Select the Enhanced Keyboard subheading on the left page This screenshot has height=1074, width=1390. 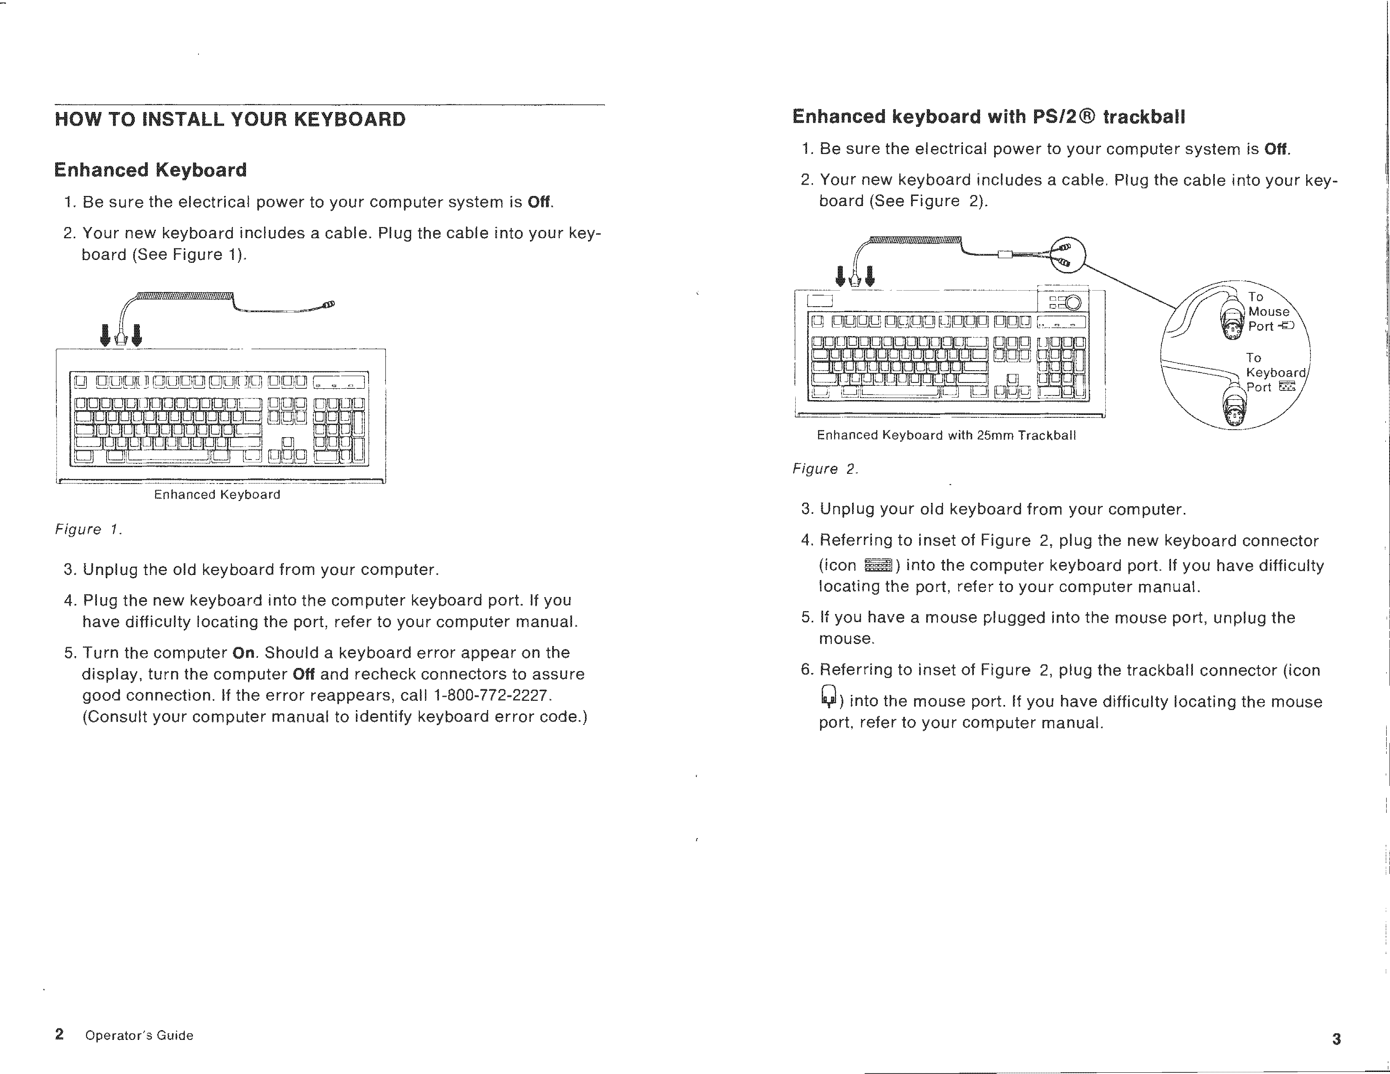coord(150,170)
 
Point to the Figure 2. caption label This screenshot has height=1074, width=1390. coord(825,469)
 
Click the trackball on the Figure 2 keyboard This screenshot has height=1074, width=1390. coord(1073,303)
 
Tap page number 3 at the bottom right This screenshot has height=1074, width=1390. coord(1336,1039)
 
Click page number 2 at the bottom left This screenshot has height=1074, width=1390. coord(59,1034)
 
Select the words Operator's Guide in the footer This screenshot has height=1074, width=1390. coord(139,1035)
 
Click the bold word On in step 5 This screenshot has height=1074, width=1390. coord(244,653)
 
